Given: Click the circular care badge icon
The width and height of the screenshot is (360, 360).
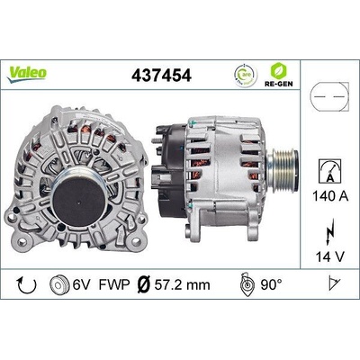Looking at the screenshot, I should click(x=244, y=73).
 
